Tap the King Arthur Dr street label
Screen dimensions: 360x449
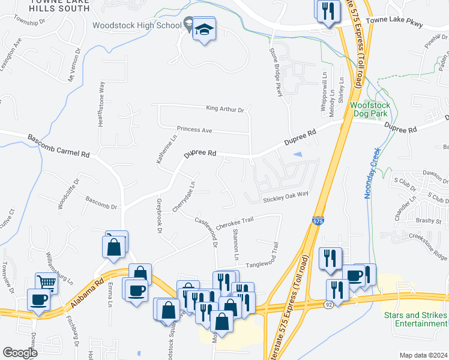[224, 109]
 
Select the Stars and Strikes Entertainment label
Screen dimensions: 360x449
[416, 319]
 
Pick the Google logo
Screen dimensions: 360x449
[20, 353]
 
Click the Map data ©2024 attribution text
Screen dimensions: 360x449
[423, 355]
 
